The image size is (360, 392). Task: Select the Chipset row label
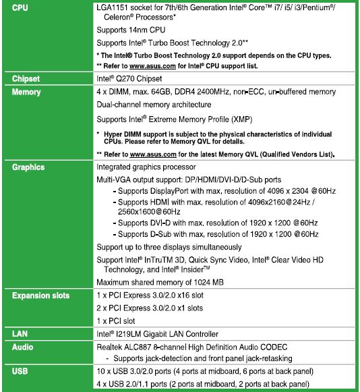click(x=26, y=79)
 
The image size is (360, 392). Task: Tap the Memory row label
click(x=27, y=92)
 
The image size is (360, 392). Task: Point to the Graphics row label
click(x=28, y=167)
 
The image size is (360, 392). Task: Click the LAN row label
click(x=20, y=334)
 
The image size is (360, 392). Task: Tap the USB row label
click(x=20, y=371)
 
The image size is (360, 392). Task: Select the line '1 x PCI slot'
click(x=115, y=320)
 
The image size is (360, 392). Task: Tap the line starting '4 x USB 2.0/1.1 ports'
click(x=202, y=384)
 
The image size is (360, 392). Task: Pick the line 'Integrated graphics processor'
click(x=155, y=167)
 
